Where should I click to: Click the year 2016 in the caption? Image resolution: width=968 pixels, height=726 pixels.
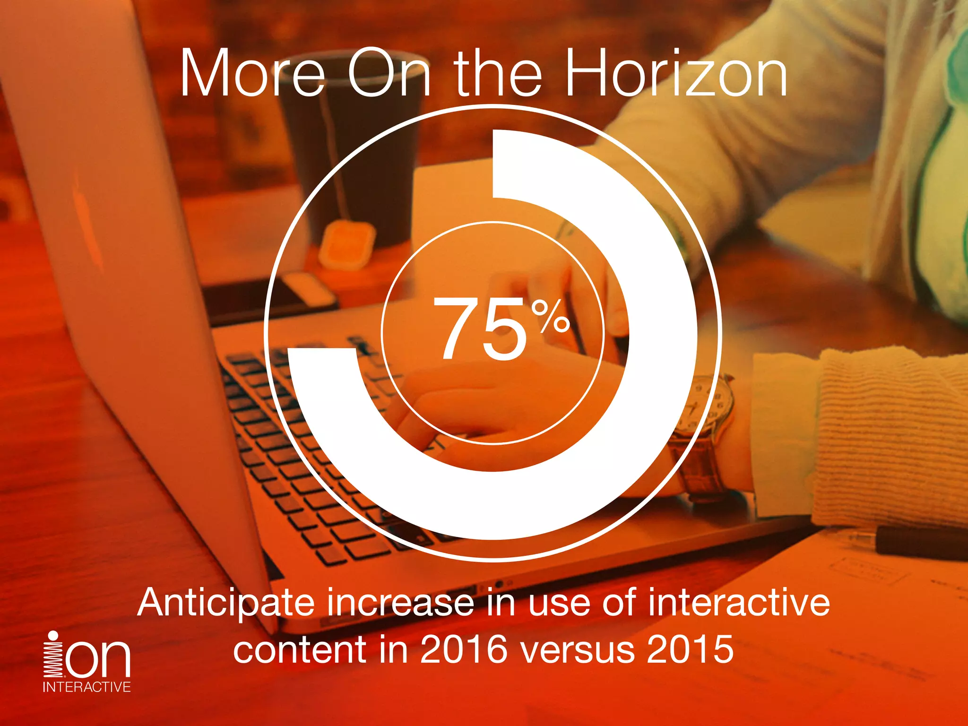[x=463, y=649]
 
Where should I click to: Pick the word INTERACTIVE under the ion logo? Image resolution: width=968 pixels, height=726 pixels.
[x=86, y=687]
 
